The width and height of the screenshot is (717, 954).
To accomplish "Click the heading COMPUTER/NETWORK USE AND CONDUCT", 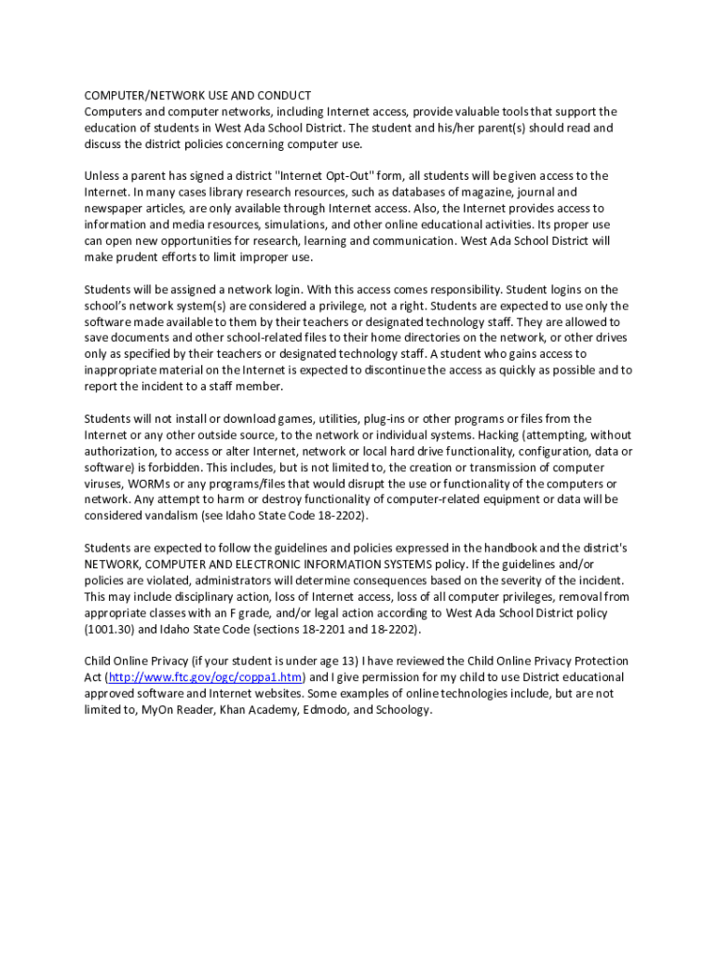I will (x=197, y=96).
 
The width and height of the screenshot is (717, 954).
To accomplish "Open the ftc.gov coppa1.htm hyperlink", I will (x=206, y=677).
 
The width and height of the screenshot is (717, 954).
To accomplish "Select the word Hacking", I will (x=503, y=435).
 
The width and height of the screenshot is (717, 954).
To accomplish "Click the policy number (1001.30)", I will (x=111, y=629).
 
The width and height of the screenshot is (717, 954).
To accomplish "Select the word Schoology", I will (x=401, y=710).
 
